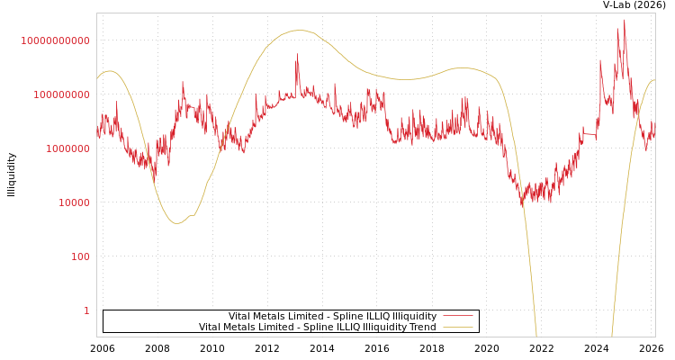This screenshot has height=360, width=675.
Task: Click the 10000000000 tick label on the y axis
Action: click(56, 40)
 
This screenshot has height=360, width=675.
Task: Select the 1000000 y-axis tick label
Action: click(63, 148)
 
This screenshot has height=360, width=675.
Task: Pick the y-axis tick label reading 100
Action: click(80, 256)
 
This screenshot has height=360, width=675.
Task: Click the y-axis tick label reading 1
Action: click(86, 310)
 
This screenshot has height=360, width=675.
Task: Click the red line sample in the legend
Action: click(458, 316)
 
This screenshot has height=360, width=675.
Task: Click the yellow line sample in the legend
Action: click(458, 327)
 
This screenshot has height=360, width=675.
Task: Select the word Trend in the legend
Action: click(422, 327)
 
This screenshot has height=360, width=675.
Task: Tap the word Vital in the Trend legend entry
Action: click(211, 327)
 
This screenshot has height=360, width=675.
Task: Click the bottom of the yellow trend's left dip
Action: click(177, 223)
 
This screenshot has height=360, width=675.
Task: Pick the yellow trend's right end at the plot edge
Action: click(654, 80)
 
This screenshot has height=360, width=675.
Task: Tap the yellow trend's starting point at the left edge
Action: click(97, 78)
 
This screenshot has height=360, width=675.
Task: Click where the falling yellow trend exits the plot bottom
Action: click(536, 336)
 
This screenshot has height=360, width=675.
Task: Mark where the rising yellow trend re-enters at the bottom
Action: click(612, 336)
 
